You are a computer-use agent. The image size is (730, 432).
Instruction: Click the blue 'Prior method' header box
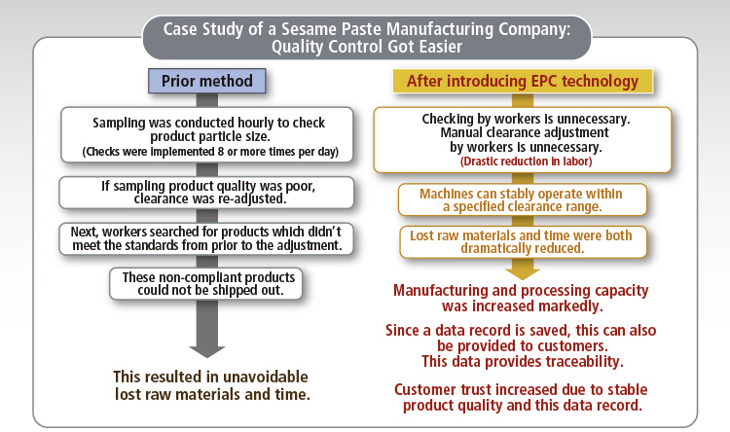207,81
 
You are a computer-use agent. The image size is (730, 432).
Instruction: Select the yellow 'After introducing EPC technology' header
523,82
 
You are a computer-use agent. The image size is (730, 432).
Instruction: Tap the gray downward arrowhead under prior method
207,351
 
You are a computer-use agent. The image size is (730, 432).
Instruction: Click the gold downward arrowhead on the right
523,273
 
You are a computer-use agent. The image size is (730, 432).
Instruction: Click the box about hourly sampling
207,135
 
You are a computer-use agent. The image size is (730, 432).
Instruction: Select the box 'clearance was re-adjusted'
206,193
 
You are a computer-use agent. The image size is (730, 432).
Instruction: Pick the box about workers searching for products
206,238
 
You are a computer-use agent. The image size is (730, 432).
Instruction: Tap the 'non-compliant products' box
206,283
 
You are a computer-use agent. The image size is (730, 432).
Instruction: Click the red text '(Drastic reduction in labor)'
526,162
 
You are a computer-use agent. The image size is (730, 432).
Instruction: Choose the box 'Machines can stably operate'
523,199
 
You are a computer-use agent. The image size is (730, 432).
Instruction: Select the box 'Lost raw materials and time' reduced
523,242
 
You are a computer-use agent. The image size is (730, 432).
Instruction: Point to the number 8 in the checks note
221,152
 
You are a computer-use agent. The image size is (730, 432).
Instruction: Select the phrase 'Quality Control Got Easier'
367,47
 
